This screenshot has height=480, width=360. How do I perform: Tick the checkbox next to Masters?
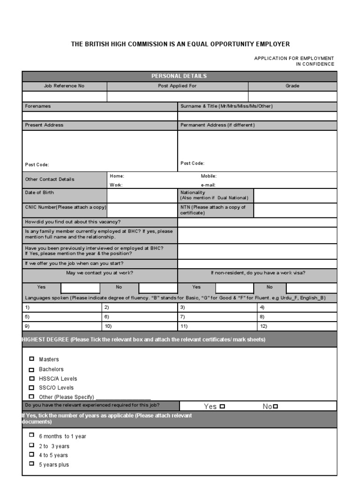[32, 359]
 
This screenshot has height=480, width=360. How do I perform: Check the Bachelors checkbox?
[32, 369]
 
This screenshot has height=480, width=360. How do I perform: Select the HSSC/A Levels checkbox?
[32, 378]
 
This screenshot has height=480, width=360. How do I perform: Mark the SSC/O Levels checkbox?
[32, 388]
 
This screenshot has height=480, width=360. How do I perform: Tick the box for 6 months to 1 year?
[32, 435]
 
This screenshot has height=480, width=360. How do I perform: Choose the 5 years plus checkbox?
[32, 464]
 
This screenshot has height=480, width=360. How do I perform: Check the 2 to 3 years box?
[32, 445]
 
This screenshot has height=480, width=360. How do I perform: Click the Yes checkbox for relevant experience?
[222, 406]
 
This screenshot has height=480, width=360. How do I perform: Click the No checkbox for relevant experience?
[276, 406]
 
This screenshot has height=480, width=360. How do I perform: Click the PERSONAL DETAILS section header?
[179, 76]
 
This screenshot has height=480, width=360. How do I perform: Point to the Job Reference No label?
[64, 86]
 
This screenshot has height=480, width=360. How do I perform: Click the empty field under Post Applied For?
[177, 97]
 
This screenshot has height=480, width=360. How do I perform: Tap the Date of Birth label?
[39, 193]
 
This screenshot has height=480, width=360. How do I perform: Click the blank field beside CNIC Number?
[142, 210]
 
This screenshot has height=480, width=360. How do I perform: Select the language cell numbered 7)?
[217, 317]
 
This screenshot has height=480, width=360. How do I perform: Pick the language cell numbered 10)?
[139, 326]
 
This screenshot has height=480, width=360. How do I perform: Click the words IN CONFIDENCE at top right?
[315, 64]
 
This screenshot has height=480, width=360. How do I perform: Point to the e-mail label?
[208, 185]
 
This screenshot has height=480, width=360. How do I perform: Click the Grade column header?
[292, 86]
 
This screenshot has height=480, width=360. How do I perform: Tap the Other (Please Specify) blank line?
[122, 397]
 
